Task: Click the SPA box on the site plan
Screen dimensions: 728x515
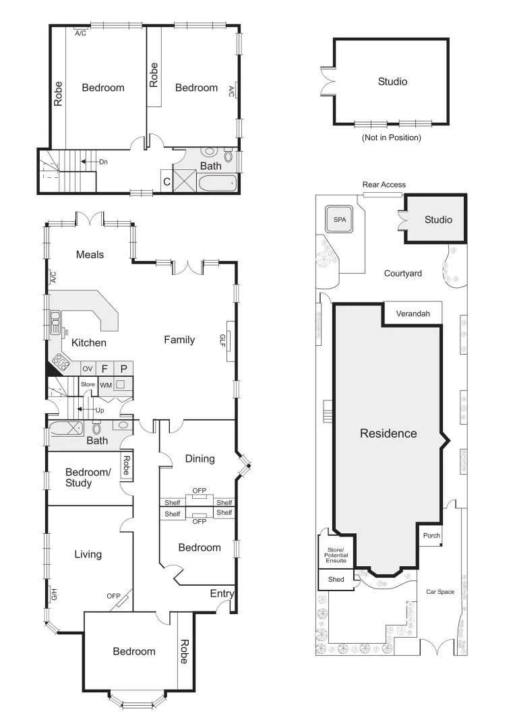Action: pos(338,219)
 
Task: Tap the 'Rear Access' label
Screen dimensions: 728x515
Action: pos(384,185)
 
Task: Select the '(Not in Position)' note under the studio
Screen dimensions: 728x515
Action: pos(391,138)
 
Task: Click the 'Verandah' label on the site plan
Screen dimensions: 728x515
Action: pos(412,313)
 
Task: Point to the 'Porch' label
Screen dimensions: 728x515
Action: pos(431,536)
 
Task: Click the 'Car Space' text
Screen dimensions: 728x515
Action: pos(440,592)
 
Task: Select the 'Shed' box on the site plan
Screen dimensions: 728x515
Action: pos(336,580)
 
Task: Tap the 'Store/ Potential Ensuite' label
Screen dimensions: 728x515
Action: pos(336,555)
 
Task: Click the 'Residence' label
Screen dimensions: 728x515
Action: pos(388,433)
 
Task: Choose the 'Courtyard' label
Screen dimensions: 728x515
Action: pos(402,273)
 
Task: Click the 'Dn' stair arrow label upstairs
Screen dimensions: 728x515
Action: pos(103,162)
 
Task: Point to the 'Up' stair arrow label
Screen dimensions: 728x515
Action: pos(99,410)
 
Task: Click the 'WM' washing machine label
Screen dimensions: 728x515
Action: pos(106,385)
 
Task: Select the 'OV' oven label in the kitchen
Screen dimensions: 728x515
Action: pos(87,369)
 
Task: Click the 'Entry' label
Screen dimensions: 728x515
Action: pos(222,593)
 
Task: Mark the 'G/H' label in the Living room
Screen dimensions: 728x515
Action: pos(54,595)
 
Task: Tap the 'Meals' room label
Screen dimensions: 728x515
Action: pos(90,254)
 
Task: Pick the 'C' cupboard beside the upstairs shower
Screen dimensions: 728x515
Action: pos(166,181)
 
